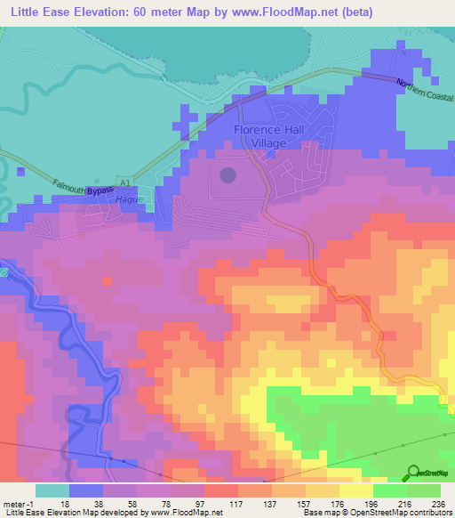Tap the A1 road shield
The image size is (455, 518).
(124, 182)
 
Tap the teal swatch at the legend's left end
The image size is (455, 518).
(52, 490)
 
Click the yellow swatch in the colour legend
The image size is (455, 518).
(355, 490)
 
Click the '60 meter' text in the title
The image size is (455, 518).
(160, 12)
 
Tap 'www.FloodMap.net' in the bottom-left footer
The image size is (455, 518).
(187, 513)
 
